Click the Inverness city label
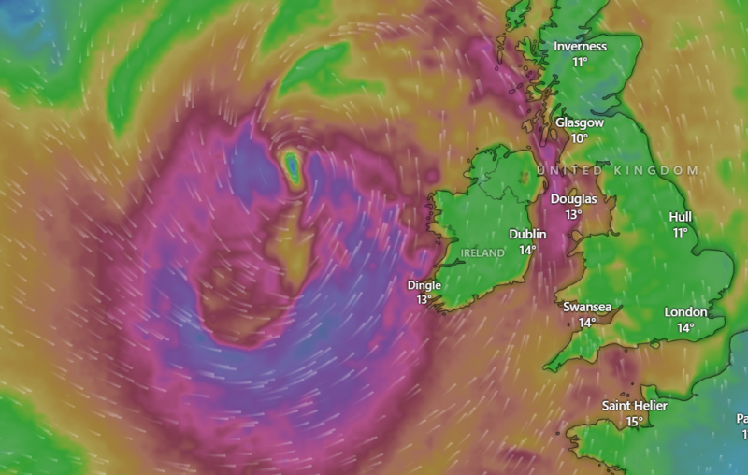(x=580, y=47)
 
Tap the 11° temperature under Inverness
(x=580, y=63)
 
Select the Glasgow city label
(x=580, y=122)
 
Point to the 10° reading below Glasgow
(x=580, y=138)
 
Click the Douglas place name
(x=573, y=198)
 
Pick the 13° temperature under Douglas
(x=573, y=214)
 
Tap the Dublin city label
(x=528, y=234)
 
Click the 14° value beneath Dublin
(x=528, y=250)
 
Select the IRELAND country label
(x=482, y=252)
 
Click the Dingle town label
(x=424, y=284)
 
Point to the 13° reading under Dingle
(x=424, y=300)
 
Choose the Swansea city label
(x=587, y=307)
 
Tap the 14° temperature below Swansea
(x=587, y=323)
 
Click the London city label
(x=685, y=311)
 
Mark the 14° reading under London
(x=685, y=327)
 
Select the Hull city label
(x=681, y=216)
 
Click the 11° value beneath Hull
(x=681, y=232)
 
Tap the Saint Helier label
(x=635, y=405)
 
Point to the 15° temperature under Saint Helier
(x=635, y=421)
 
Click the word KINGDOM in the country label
(x=658, y=170)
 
